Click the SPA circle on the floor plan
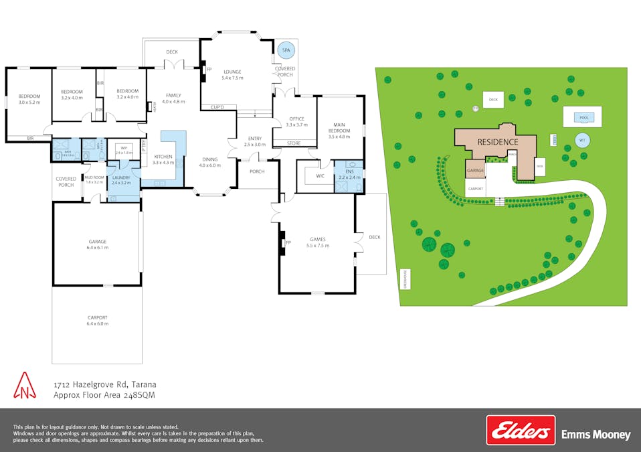[286, 50]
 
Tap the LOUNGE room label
[232, 75]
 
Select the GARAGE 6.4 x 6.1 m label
[98, 244]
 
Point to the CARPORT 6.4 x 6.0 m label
[97, 320]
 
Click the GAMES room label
[317, 242]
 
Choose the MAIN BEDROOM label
[340, 128]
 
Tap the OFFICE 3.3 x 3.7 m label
[296, 122]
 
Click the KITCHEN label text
[163, 159]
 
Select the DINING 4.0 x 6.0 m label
[209, 162]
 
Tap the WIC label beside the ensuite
[320, 176]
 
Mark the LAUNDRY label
[121, 179]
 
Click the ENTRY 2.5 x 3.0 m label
[255, 141]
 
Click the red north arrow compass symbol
[25, 386]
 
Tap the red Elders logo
[521, 431]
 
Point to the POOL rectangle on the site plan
[581, 117]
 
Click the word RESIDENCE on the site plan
[497, 142]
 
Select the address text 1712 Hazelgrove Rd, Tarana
[105, 384]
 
